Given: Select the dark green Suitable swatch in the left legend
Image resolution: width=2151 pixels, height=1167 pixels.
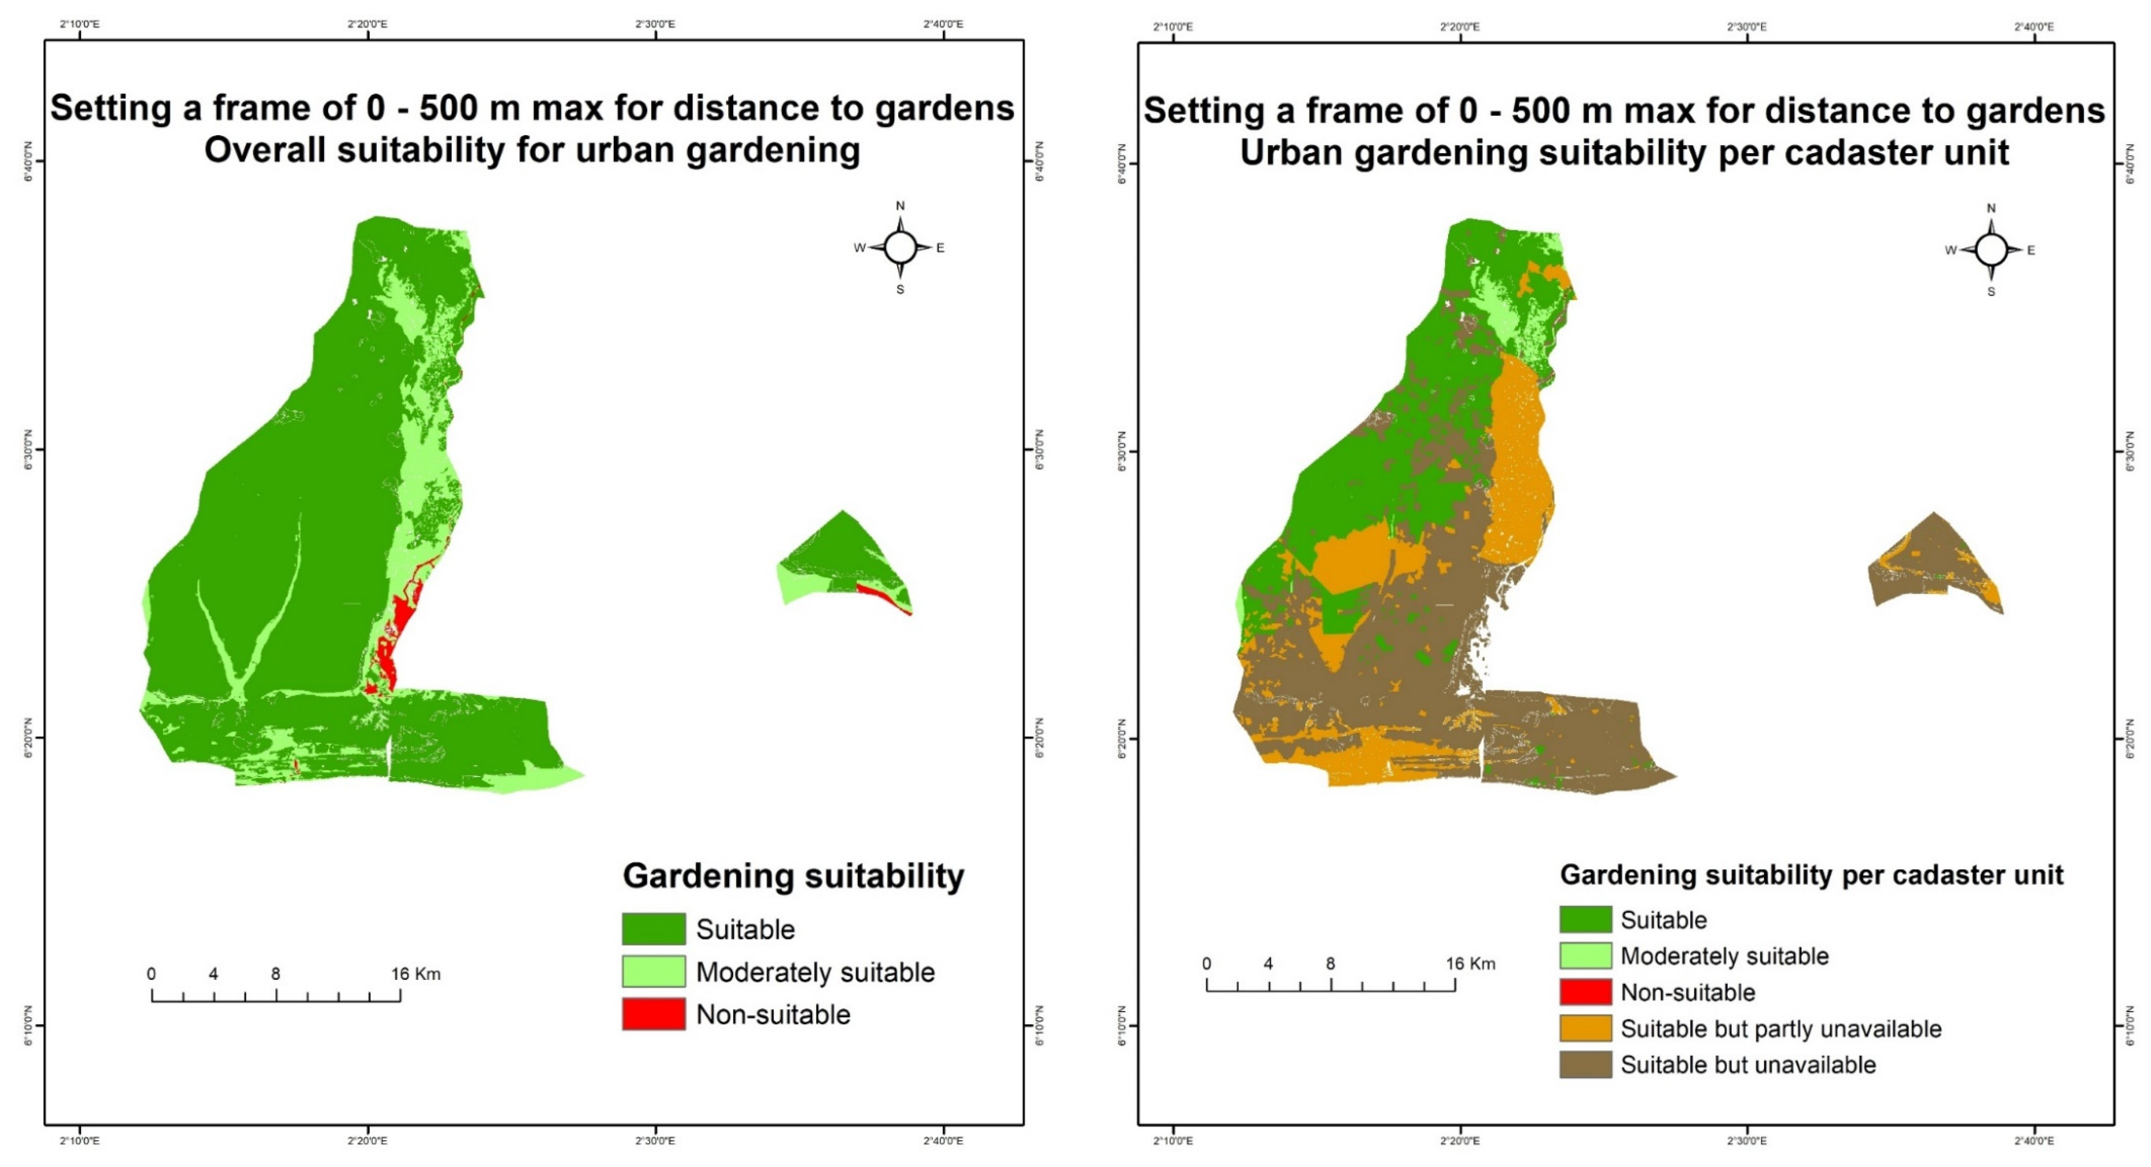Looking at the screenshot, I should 653,928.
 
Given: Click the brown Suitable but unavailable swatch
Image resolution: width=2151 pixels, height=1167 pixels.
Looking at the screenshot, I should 1585,1064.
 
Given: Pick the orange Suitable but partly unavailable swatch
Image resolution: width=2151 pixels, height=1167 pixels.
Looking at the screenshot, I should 1585,1029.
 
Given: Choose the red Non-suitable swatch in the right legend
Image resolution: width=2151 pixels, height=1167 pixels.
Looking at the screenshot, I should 1585,992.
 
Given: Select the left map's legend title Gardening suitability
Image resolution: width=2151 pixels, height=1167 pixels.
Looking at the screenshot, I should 793,876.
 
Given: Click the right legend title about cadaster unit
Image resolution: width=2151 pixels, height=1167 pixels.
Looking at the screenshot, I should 1811,875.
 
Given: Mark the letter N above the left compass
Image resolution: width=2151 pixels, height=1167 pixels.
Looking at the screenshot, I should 900,205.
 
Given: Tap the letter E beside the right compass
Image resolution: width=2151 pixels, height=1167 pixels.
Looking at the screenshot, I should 2031,250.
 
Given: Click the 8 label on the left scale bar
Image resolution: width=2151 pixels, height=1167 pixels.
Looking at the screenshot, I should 276,973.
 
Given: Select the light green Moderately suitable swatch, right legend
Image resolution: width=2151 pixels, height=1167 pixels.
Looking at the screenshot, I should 1585,956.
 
